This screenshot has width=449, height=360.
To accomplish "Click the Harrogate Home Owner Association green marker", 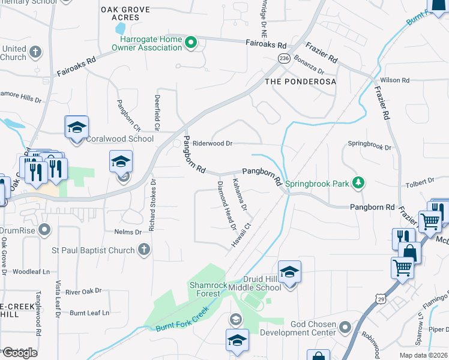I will coord(191,43).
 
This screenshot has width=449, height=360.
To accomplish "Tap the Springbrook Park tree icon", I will coord(358,182).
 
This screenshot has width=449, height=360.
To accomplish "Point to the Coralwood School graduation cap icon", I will coord(77,127).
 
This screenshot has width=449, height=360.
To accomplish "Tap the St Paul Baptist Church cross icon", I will coord(143,249).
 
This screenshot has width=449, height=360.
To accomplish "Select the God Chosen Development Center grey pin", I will coord(345,328).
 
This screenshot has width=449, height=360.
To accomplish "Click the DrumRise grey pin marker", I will coord(44,230).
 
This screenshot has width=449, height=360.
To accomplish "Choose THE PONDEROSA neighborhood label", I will coord(300,81).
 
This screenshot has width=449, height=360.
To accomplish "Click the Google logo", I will coord(19,352).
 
